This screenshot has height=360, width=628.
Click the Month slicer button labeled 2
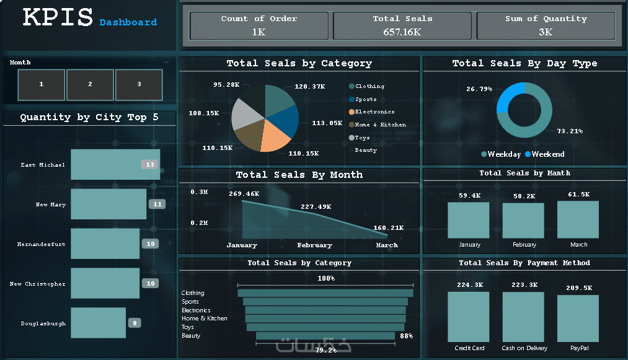pyautogui.click(x=90, y=84)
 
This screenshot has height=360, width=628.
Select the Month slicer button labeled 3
pyautogui.click(x=139, y=84)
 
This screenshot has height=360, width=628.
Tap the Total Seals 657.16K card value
pyautogui.click(x=402, y=32)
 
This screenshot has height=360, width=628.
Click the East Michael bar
pyautogui.click(x=115, y=165)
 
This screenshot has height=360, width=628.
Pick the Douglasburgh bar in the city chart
pyautogui.click(x=98, y=323)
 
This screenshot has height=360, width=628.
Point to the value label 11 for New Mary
pyautogui.click(x=157, y=204)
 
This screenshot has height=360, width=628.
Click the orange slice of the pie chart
pyautogui.click(x=275, y=136)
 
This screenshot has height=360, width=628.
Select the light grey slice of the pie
pyautogui.click(x=246, y=114)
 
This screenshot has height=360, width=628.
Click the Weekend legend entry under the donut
pyautogui.click(x=545, y=154)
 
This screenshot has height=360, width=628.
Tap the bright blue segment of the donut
pyautogui.click(x=508, y=97)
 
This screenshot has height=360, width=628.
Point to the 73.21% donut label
pyautogui.click(x=570, y=131)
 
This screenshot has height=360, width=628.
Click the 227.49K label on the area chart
pyautogui.click(x=316, y=206)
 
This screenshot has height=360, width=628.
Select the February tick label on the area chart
pyautogui.click(x=315, y=245)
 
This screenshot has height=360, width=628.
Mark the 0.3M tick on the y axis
pyautogui.click(x=199, y=192)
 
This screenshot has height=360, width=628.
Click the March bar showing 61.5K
pyautogui.click(x=578, y=219)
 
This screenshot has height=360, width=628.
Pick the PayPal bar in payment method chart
pyautogui.click(x=578, y=318)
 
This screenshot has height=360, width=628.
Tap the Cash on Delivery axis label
pyautogui.click(x=524, y=348)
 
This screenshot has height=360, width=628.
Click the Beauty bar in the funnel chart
pyautogui.click(x=325, y=336)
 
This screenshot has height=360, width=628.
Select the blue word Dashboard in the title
pyautogui.click(x=128, y=22)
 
